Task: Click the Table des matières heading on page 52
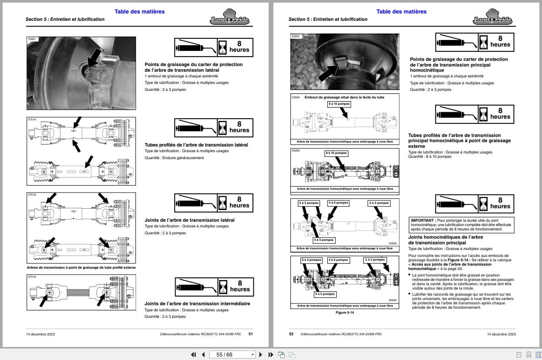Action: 401,12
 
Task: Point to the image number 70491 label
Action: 33,39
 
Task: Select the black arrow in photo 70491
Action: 93,58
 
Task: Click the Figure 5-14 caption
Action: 345,312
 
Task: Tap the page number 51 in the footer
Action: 250,334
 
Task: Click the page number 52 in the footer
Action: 291,334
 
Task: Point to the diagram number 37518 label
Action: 32,277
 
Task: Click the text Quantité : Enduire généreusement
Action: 174,158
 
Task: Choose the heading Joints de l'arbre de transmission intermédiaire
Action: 197,303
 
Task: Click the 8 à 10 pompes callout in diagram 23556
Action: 339,104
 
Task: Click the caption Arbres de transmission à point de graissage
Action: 81,267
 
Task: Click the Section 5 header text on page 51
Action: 65,20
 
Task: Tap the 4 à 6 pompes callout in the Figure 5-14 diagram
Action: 338,260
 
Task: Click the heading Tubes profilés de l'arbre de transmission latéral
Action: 196,145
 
